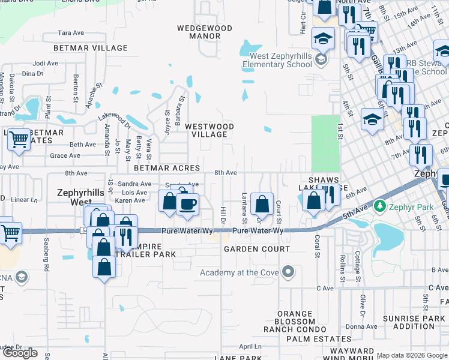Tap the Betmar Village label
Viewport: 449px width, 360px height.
(x=91, y=48)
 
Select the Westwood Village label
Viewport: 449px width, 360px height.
(x=209, y=131)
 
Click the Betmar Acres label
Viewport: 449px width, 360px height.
(x=167, y=169)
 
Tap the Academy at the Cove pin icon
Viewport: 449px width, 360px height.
(x=288, y=273)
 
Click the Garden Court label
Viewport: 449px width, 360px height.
(x=256, y=249)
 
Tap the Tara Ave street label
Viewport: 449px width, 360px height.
(x=70, y=33)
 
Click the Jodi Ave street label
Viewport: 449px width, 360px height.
(x=46, y=63)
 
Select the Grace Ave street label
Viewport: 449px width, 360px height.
(x=65, y=156)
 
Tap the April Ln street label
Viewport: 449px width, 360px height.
(x=248, y=347)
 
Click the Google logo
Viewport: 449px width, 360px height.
(x=20, y=353)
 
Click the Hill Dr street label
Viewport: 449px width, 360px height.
(x=222, y=214)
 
